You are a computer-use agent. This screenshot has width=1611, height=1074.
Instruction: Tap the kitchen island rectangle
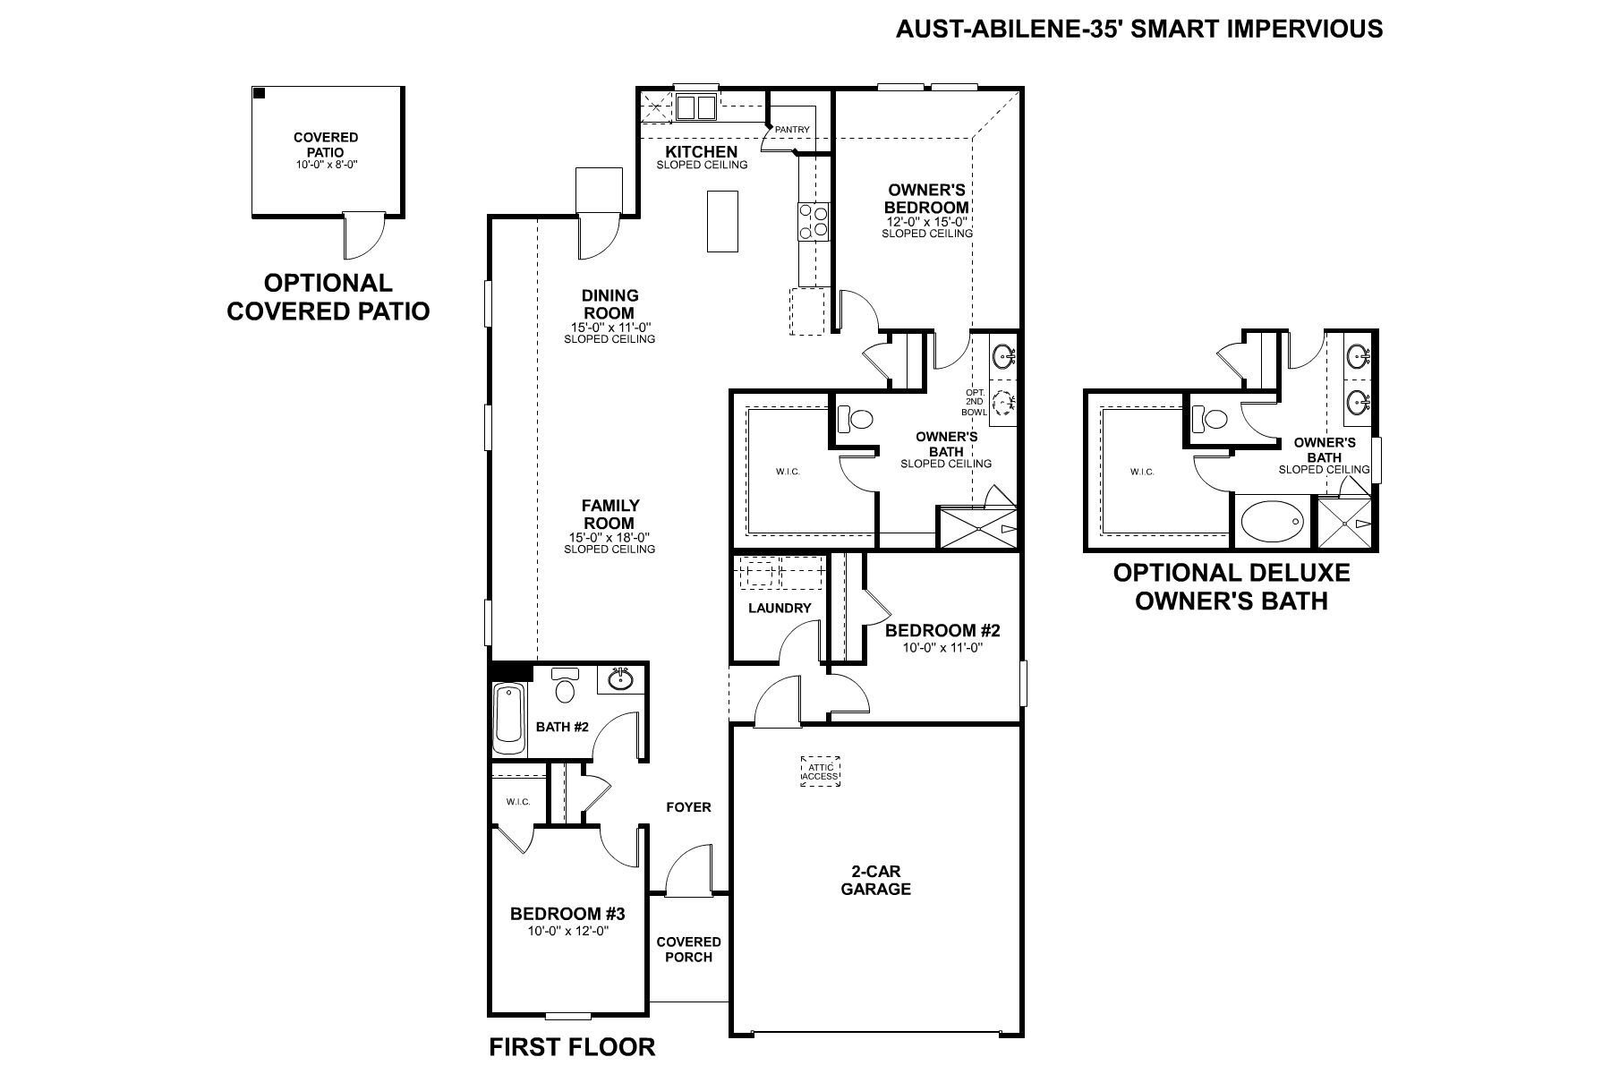pyautogui.click(x=722, y=221)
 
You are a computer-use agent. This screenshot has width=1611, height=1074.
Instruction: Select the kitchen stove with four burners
pyautogui.click(x=814, y=221)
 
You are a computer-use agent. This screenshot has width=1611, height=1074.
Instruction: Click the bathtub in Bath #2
pyautogui.click(x=509, y=719)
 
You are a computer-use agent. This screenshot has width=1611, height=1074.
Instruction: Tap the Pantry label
pyautogui.click(x=792, y=130)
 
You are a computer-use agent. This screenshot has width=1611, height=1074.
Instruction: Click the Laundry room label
pyautogui.click(x=780, y=608)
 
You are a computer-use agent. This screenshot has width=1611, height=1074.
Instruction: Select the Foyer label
pyautogui.click(x=688, y=807)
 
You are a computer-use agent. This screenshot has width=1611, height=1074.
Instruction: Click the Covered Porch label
pyautogui.click(x=688, y=949)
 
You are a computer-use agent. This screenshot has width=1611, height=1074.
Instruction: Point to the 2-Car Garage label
pyautogui.click(x=875, y=880)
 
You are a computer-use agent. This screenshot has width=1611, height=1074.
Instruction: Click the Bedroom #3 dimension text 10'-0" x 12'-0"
pyautogui.click(x=567, y=931)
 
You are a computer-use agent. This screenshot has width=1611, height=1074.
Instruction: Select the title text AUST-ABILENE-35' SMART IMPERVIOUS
pyautogui.click(x=1138, y=30)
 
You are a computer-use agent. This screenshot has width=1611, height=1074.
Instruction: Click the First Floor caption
pyautogui.click(x=572, y=1046)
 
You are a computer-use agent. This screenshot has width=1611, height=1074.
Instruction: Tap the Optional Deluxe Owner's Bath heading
pyautogui.click(x=1231, y=586)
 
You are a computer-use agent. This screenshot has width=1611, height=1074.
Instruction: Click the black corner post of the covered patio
pyautogui.click(x=259, y=93)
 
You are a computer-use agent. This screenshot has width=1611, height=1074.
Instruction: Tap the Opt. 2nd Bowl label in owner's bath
pyautogui.click(x=975, y=403)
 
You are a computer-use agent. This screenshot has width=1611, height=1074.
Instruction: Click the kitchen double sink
pyautogui.click(x=695, y=108)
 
